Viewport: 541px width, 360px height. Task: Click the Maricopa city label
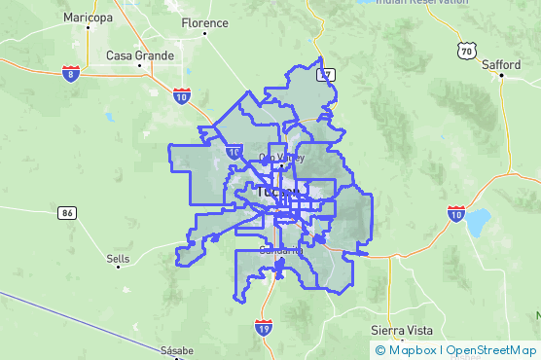pos(89,18)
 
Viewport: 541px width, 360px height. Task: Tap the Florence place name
pos(205,22)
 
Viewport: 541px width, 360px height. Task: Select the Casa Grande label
pos(138,55)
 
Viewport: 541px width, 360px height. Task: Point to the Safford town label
pos(501,65)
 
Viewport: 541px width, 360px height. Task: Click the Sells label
pos(118,259)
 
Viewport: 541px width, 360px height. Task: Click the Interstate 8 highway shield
pos(70,73)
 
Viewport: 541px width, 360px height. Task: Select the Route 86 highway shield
pos(66,212)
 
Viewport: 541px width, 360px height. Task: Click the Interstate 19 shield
pos(264,330)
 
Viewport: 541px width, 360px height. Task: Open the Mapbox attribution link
pos(413,349)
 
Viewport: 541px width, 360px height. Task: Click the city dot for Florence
pos(205,35)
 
